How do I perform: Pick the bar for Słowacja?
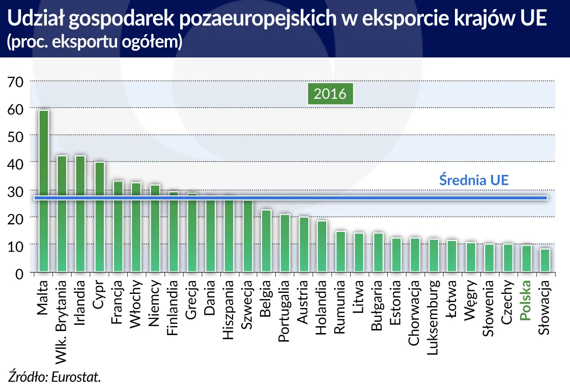[544, 260]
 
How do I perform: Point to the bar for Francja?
[118, 226]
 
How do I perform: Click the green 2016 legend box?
[330, 94]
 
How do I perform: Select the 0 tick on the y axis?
[18, 275]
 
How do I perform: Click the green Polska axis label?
[526, 301]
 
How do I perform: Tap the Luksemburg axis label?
[433, 311]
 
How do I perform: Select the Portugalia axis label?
[284, 308]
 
